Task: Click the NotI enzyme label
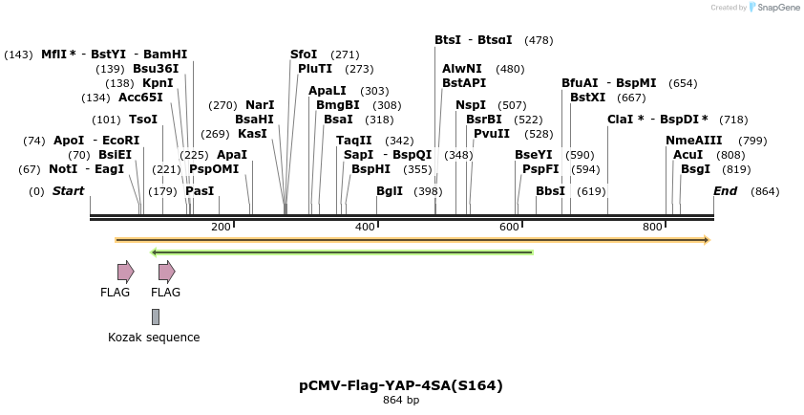click(63, 169)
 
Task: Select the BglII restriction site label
click(389, 191)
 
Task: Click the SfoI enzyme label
click(304, 55)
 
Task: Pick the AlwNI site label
click(462, 69)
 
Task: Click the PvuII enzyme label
click(492, 134)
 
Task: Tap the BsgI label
click(695, 169)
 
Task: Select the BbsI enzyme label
click(550, 191)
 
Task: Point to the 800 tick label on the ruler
click(652, 227)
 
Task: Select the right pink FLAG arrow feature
click(166, 273)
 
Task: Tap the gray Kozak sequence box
click(156, 317)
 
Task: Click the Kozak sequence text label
click(154, 338)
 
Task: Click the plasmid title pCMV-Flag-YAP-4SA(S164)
click(401, 386)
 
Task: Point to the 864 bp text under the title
click(401, 401)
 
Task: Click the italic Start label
click(68, 191)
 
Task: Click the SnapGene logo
click(774, 8)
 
